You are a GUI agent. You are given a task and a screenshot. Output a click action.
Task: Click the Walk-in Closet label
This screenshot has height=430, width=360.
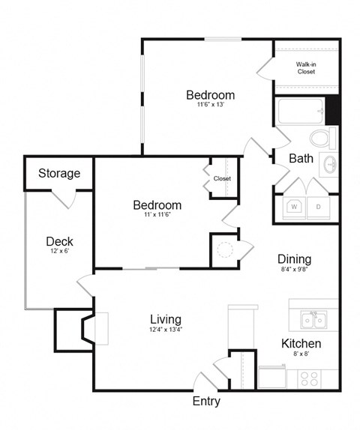coord(305,69)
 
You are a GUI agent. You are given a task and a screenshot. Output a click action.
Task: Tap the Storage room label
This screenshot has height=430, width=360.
coord(59,173)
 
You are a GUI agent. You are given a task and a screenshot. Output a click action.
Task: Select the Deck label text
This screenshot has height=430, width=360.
coord(59,241)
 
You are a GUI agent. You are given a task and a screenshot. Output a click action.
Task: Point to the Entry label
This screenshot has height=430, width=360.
coord(206,402)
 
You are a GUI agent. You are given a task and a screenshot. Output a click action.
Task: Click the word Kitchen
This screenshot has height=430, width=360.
coord(301,344)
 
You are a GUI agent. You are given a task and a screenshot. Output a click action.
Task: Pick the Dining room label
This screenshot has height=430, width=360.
coord(295,259)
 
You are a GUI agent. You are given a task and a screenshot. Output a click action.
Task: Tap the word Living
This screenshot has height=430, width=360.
coord(165,319)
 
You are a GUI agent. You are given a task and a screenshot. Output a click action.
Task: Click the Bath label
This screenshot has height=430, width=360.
coord(301,158)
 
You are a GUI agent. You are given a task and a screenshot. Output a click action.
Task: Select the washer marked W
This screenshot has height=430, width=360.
coord(294,207)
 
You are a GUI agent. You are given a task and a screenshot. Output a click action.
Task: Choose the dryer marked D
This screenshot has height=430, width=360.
coord(318,207)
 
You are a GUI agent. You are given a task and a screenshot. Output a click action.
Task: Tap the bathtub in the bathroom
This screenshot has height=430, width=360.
coord(300,112)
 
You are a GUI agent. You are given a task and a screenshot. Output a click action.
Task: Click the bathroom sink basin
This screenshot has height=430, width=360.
coord(328,163)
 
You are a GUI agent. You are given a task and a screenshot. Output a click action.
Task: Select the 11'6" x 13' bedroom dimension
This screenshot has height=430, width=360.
coord(210,105)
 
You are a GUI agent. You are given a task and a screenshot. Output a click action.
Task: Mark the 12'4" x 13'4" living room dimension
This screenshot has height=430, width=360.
coord(165,330)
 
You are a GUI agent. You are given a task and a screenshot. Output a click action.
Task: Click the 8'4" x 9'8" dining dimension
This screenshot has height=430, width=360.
coord(295,269)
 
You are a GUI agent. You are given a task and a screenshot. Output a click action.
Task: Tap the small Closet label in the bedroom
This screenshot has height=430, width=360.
coord(222,179)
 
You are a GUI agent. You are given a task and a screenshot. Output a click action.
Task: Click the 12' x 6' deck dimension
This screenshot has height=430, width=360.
coord(59,252)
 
